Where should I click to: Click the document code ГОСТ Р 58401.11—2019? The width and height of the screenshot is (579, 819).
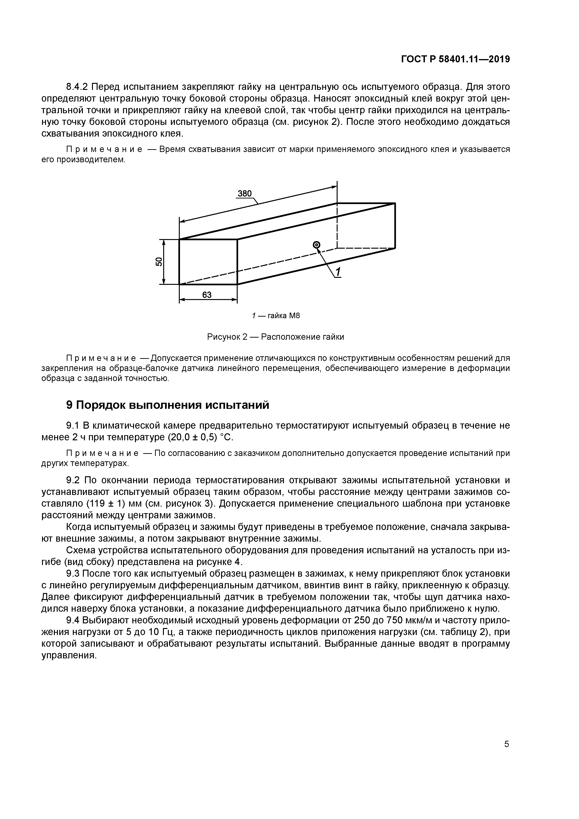pyautogui.click(x=455, y=59)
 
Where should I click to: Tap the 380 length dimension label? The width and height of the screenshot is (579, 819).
pyautogui.click(x=245, y=194)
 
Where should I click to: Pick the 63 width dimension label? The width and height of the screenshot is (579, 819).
pyautogui.click(x=207, y=295)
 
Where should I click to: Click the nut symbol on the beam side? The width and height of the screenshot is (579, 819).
pyautogui.click(x=316, y=244)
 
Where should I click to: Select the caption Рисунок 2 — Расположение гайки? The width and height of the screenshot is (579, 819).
pyautogui.click(x=275, y=337)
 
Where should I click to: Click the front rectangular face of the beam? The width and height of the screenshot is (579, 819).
pyautogui.click(x=208, y=262)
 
